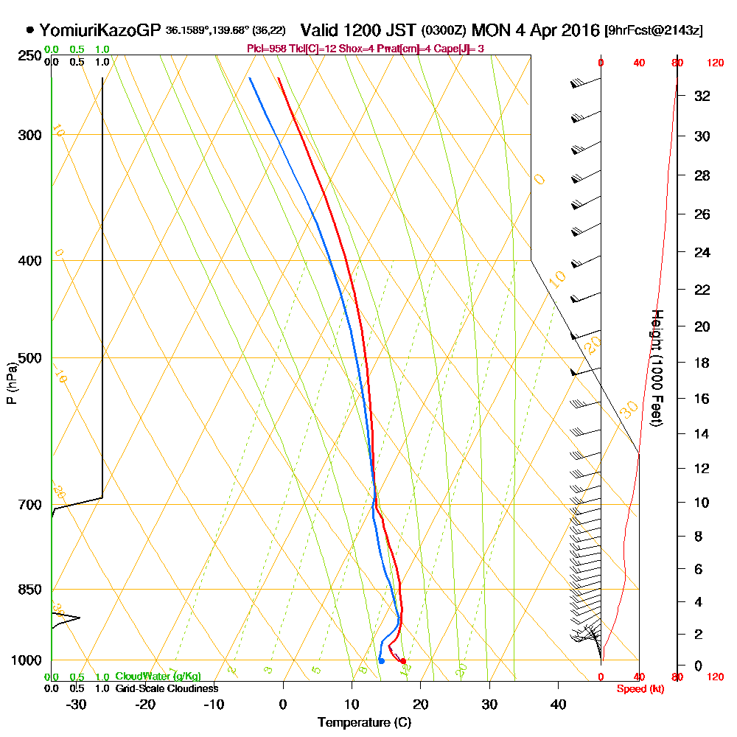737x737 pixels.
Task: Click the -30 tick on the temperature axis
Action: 77,705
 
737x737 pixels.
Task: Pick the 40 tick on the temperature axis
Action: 558,705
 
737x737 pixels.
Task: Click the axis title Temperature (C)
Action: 364,723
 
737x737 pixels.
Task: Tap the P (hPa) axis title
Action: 11,383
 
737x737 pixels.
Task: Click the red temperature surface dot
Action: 403,660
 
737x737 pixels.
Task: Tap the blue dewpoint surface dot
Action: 381,660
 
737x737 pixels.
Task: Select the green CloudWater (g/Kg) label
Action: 158,677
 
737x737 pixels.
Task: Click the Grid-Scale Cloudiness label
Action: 167,688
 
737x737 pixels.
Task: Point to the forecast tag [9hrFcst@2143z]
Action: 653,31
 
